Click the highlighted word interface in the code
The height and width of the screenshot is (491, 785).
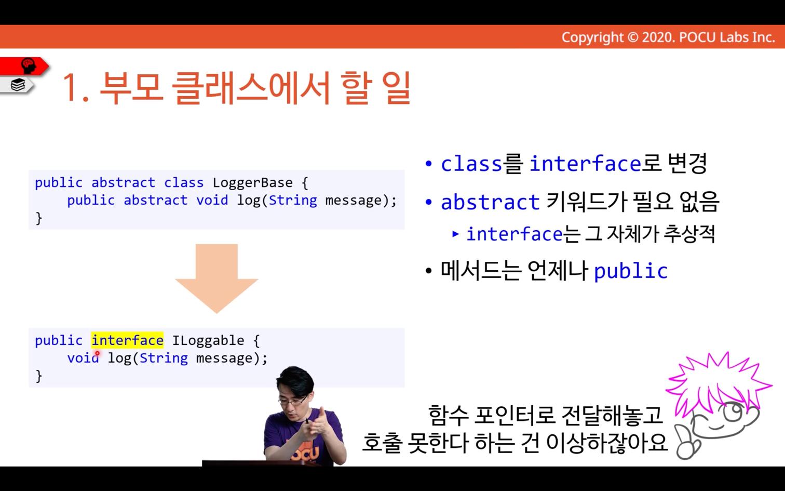click(x=128, y=340)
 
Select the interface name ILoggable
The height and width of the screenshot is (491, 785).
click(x=208, y=340)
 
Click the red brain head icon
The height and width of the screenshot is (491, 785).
click(x=28, y=65)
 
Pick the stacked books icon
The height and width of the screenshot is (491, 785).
click(x=18, y=85)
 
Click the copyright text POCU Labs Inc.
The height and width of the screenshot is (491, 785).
click(x=727, y=37)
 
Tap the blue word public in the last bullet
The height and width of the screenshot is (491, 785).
click(x=631, y=271)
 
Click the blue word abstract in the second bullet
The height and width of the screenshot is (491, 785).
click(x=490, y=202)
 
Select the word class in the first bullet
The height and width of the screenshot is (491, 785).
click(x=471, y=164)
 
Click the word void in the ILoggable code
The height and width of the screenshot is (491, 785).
click(x=83, y=358)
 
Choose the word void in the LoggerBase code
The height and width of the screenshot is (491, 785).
click(x=212, y=200)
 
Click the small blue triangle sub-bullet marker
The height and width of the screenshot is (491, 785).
click(x=456, y=234)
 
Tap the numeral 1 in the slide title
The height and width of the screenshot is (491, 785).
click(x=71, y=87)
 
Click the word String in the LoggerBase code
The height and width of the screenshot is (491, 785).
click(x=293, y=200)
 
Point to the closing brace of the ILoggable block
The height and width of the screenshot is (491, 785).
click(x=39, y=376)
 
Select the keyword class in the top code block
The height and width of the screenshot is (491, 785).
click(x=184, y=183)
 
